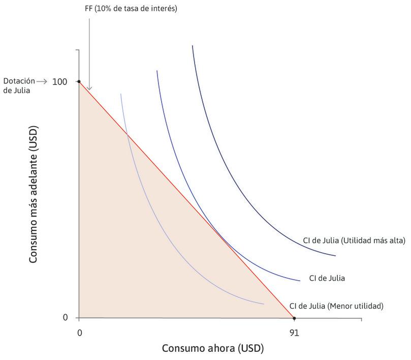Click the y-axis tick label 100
click(59, 81)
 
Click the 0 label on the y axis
click(65, 318)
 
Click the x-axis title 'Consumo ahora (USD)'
click(213, 349)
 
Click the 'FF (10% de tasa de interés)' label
click(131, 9)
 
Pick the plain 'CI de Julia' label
click(327, 278)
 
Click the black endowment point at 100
click(79, 81)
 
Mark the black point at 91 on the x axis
click(294, 318)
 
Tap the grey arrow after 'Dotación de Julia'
click(42, 81)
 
